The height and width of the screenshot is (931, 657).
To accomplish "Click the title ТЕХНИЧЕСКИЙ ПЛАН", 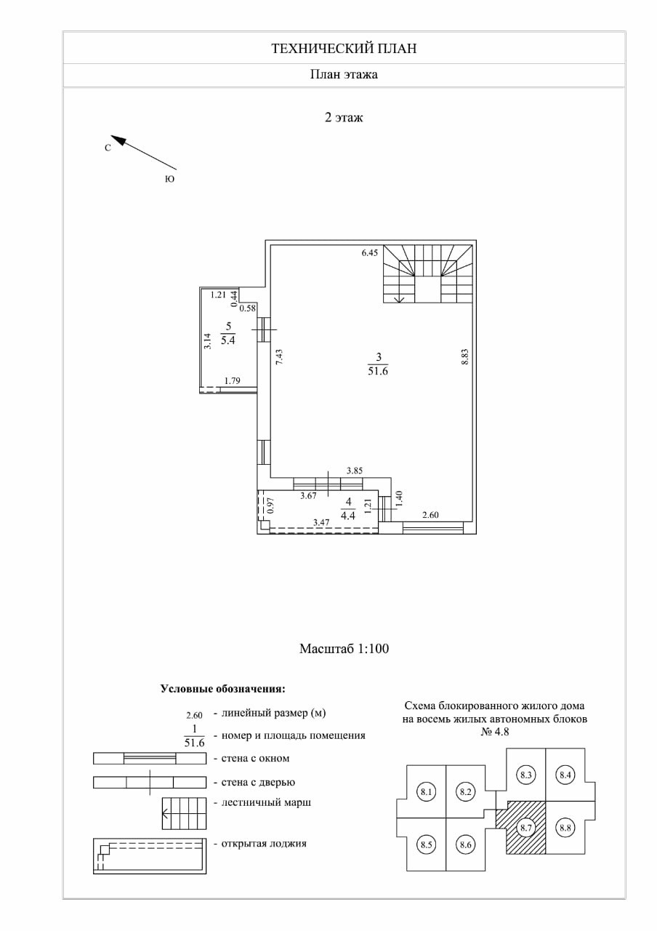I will (x=344, y=49).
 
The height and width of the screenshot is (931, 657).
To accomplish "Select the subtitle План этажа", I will (x=344, y=74).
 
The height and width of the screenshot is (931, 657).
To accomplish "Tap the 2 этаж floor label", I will (x=344, y=116).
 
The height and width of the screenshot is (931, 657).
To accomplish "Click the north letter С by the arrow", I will (x=108, y=148).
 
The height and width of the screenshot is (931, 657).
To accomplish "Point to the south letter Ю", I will (x=170, y=178).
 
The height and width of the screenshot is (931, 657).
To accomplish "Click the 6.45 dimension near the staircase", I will (x=371, y=254).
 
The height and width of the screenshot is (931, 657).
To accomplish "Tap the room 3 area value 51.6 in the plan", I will (x=378, y=371).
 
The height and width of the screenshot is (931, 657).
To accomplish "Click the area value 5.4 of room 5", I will (x=228, y=340).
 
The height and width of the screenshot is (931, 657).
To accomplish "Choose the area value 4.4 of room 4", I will (x=349, y=516).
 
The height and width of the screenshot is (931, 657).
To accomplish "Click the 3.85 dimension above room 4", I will (x=355, y=471).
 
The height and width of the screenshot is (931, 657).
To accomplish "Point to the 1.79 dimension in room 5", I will (x=233, y=380).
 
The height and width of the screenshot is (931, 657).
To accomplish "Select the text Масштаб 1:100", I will (x=344, y=648).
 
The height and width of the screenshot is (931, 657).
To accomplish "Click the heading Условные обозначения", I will (x=222, y=688).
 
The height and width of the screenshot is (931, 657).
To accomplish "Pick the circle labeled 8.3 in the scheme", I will (x=527, y=775).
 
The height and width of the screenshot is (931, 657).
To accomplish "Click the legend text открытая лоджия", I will (x=264, y=844).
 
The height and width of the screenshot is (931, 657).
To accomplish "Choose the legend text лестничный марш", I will (x=266, y=802).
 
